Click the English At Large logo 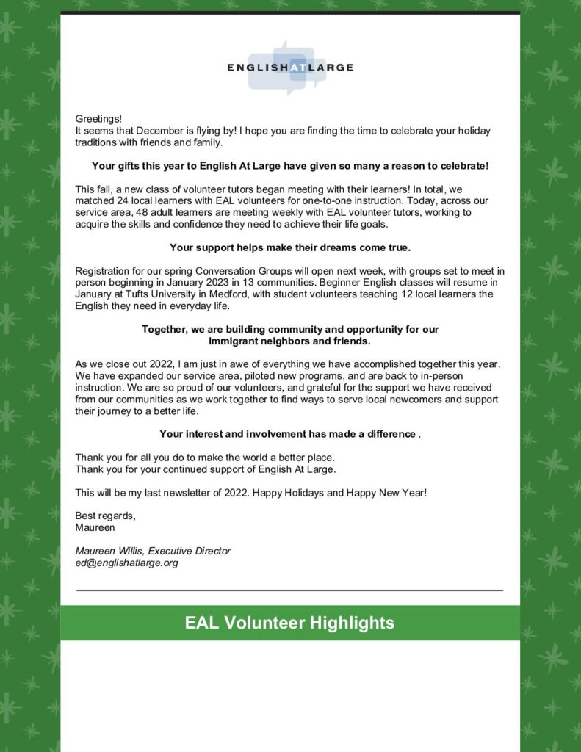290,68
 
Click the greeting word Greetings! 98,118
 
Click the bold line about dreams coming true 289,247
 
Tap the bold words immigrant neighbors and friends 289,341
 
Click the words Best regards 105,516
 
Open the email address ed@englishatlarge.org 126,563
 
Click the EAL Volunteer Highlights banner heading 289,623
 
